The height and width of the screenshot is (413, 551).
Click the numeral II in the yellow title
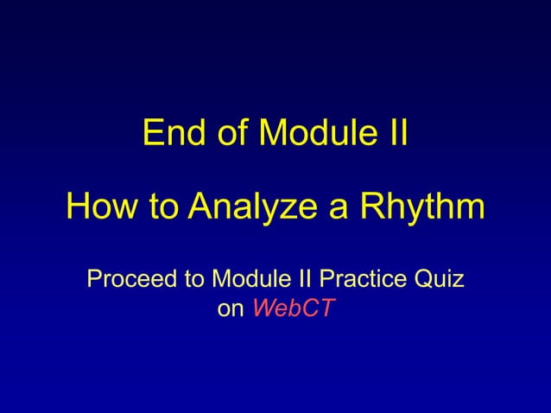[394, 135]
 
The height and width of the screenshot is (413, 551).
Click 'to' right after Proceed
[193, 281]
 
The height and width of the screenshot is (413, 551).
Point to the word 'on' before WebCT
[231, 309]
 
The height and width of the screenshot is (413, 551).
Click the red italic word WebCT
[292, 309]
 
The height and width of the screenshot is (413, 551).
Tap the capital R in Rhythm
[370, 207]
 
